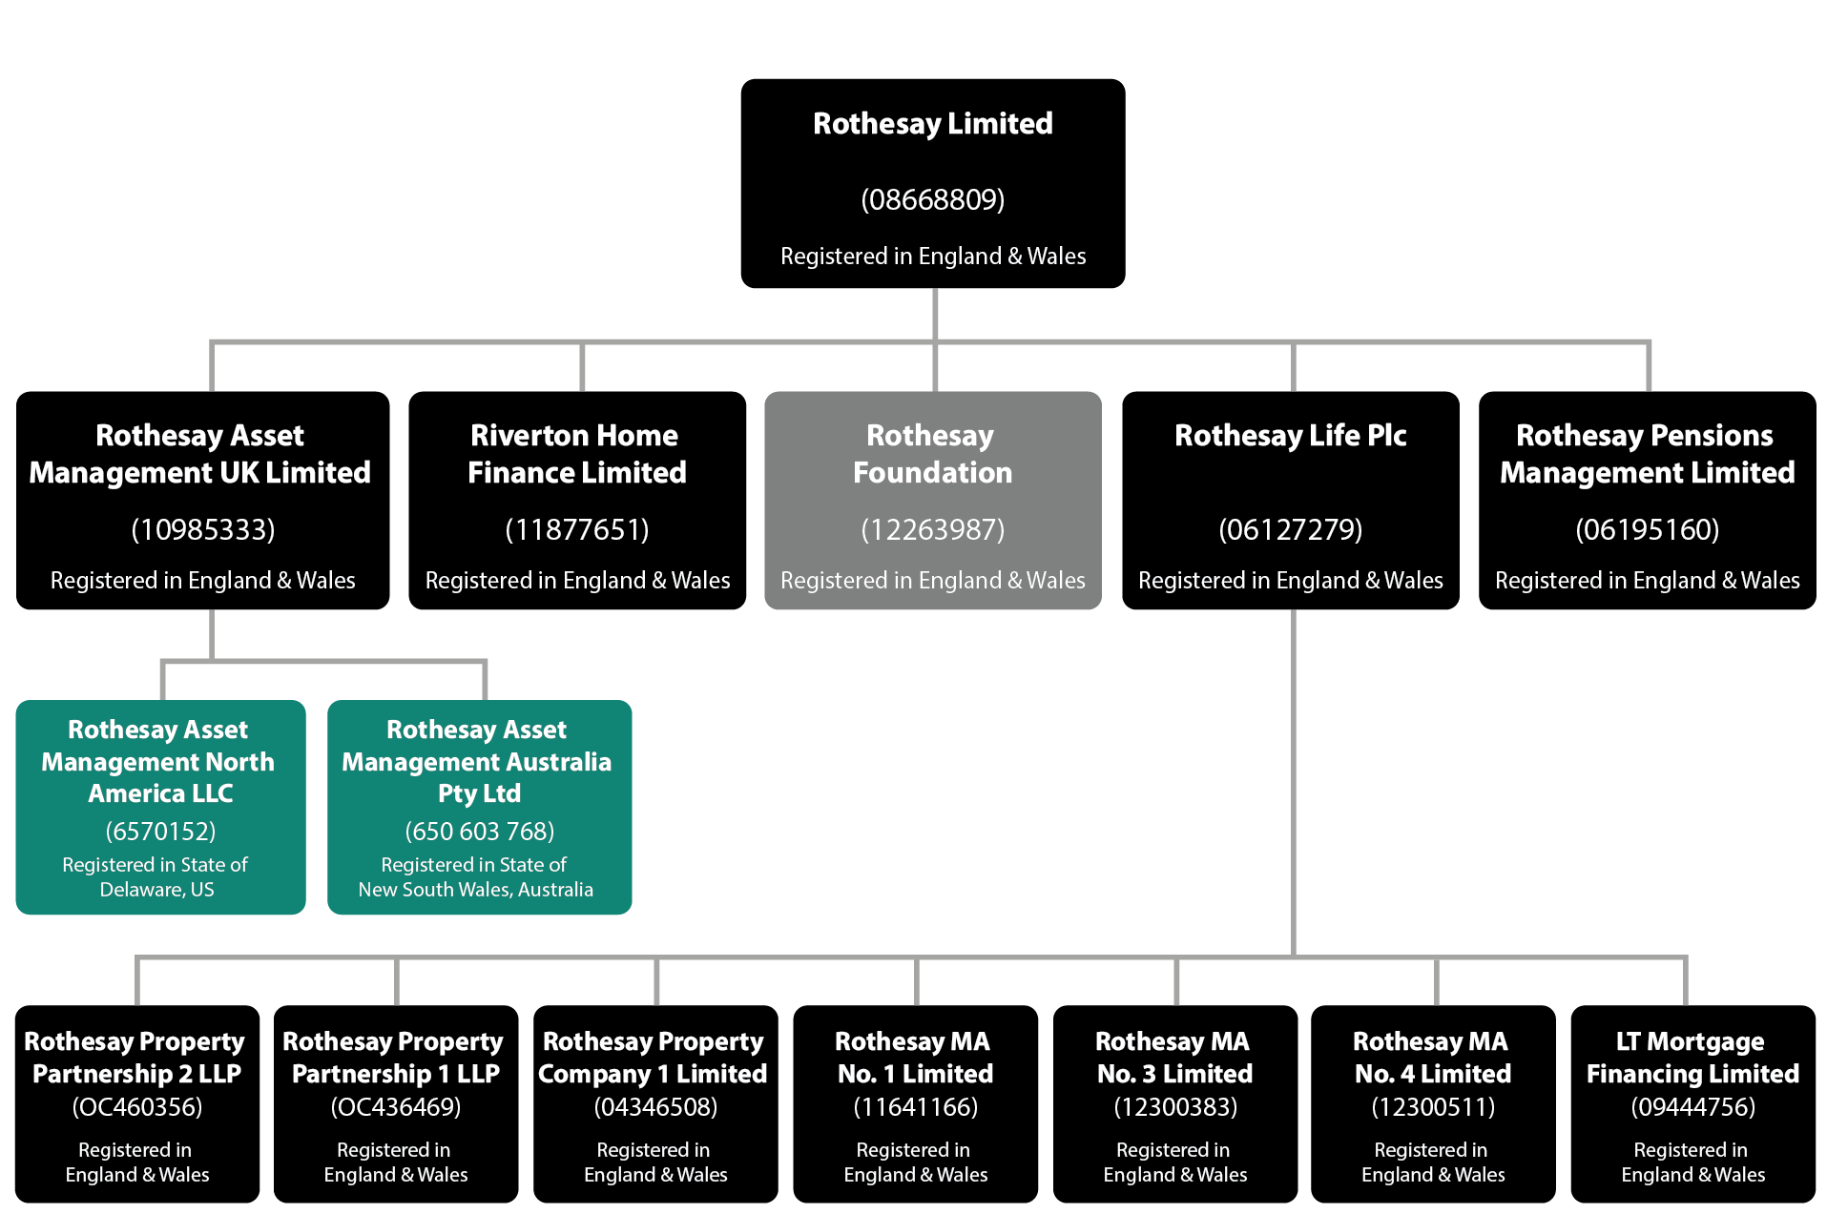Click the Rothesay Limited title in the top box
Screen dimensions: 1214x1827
(x=932, y=124)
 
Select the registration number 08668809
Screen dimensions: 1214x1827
(x=932, y=199)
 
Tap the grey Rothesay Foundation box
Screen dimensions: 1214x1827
(x=932, y=500)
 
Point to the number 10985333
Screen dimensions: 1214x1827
(x=202, y=529)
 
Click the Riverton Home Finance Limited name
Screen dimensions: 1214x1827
(x=576, y=454)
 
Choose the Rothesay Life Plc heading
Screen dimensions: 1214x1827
(x=1290, y=436)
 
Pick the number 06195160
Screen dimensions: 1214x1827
(x=1647, y=529)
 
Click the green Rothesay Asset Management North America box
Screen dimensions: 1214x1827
(x=160, y=807)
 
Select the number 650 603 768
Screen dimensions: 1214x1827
(x=479, y=832)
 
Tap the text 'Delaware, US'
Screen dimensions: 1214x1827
(x=157, y=890)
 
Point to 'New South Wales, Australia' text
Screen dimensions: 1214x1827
(x=475, y=890)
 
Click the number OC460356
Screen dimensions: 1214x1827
(x=137, y=1107)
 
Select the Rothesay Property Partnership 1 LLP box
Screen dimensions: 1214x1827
(x=396, y=1103)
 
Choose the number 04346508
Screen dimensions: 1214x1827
(x=655, y=1107)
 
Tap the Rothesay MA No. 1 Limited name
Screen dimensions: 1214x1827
(x=915, y=1058)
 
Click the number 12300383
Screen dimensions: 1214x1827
(x=1175, y=1107)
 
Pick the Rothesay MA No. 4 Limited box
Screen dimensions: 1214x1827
(x=1433, y=1103)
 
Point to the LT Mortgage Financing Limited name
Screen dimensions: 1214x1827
(x=1692, y=1058)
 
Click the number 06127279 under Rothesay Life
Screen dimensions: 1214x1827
(x=1290, y=529)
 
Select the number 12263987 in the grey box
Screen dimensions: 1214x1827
(x=932, y=529)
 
